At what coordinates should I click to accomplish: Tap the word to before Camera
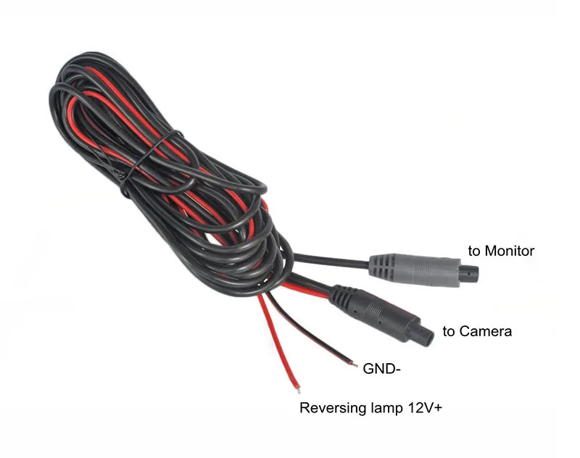tap(449, 332)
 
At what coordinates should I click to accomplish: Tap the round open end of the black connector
tap(428, 334)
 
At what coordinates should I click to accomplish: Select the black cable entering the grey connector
tap(330, 259)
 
